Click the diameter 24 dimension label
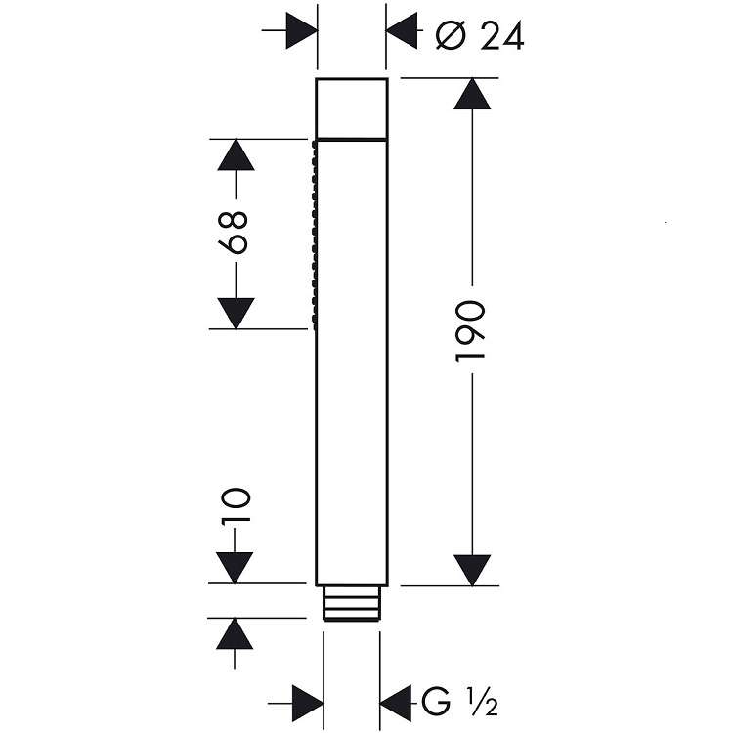(480, 36)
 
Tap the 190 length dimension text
(470, 331)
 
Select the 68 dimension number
(233, 233)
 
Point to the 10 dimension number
(236, 505)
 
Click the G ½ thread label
(459, 701)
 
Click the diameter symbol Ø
(452, 36)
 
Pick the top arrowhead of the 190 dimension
(472, 94)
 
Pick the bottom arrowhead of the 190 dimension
(472, 570)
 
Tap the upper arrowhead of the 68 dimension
(236, 154)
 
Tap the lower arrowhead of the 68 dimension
(236, 313)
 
